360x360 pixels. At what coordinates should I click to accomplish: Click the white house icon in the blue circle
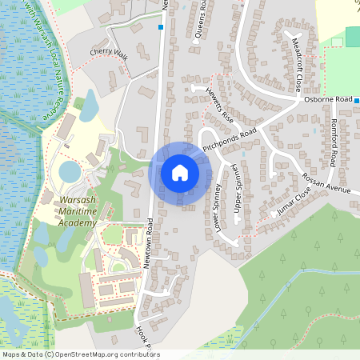(x=180, y=173)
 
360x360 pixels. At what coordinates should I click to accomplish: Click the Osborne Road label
(x=328, y=99)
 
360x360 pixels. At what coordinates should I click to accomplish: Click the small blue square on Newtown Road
(x=161, y=27)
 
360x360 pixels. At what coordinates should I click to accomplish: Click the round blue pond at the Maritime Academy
(x=70, y=171)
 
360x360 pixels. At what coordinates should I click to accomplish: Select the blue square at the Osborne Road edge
(x=357, y=101)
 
